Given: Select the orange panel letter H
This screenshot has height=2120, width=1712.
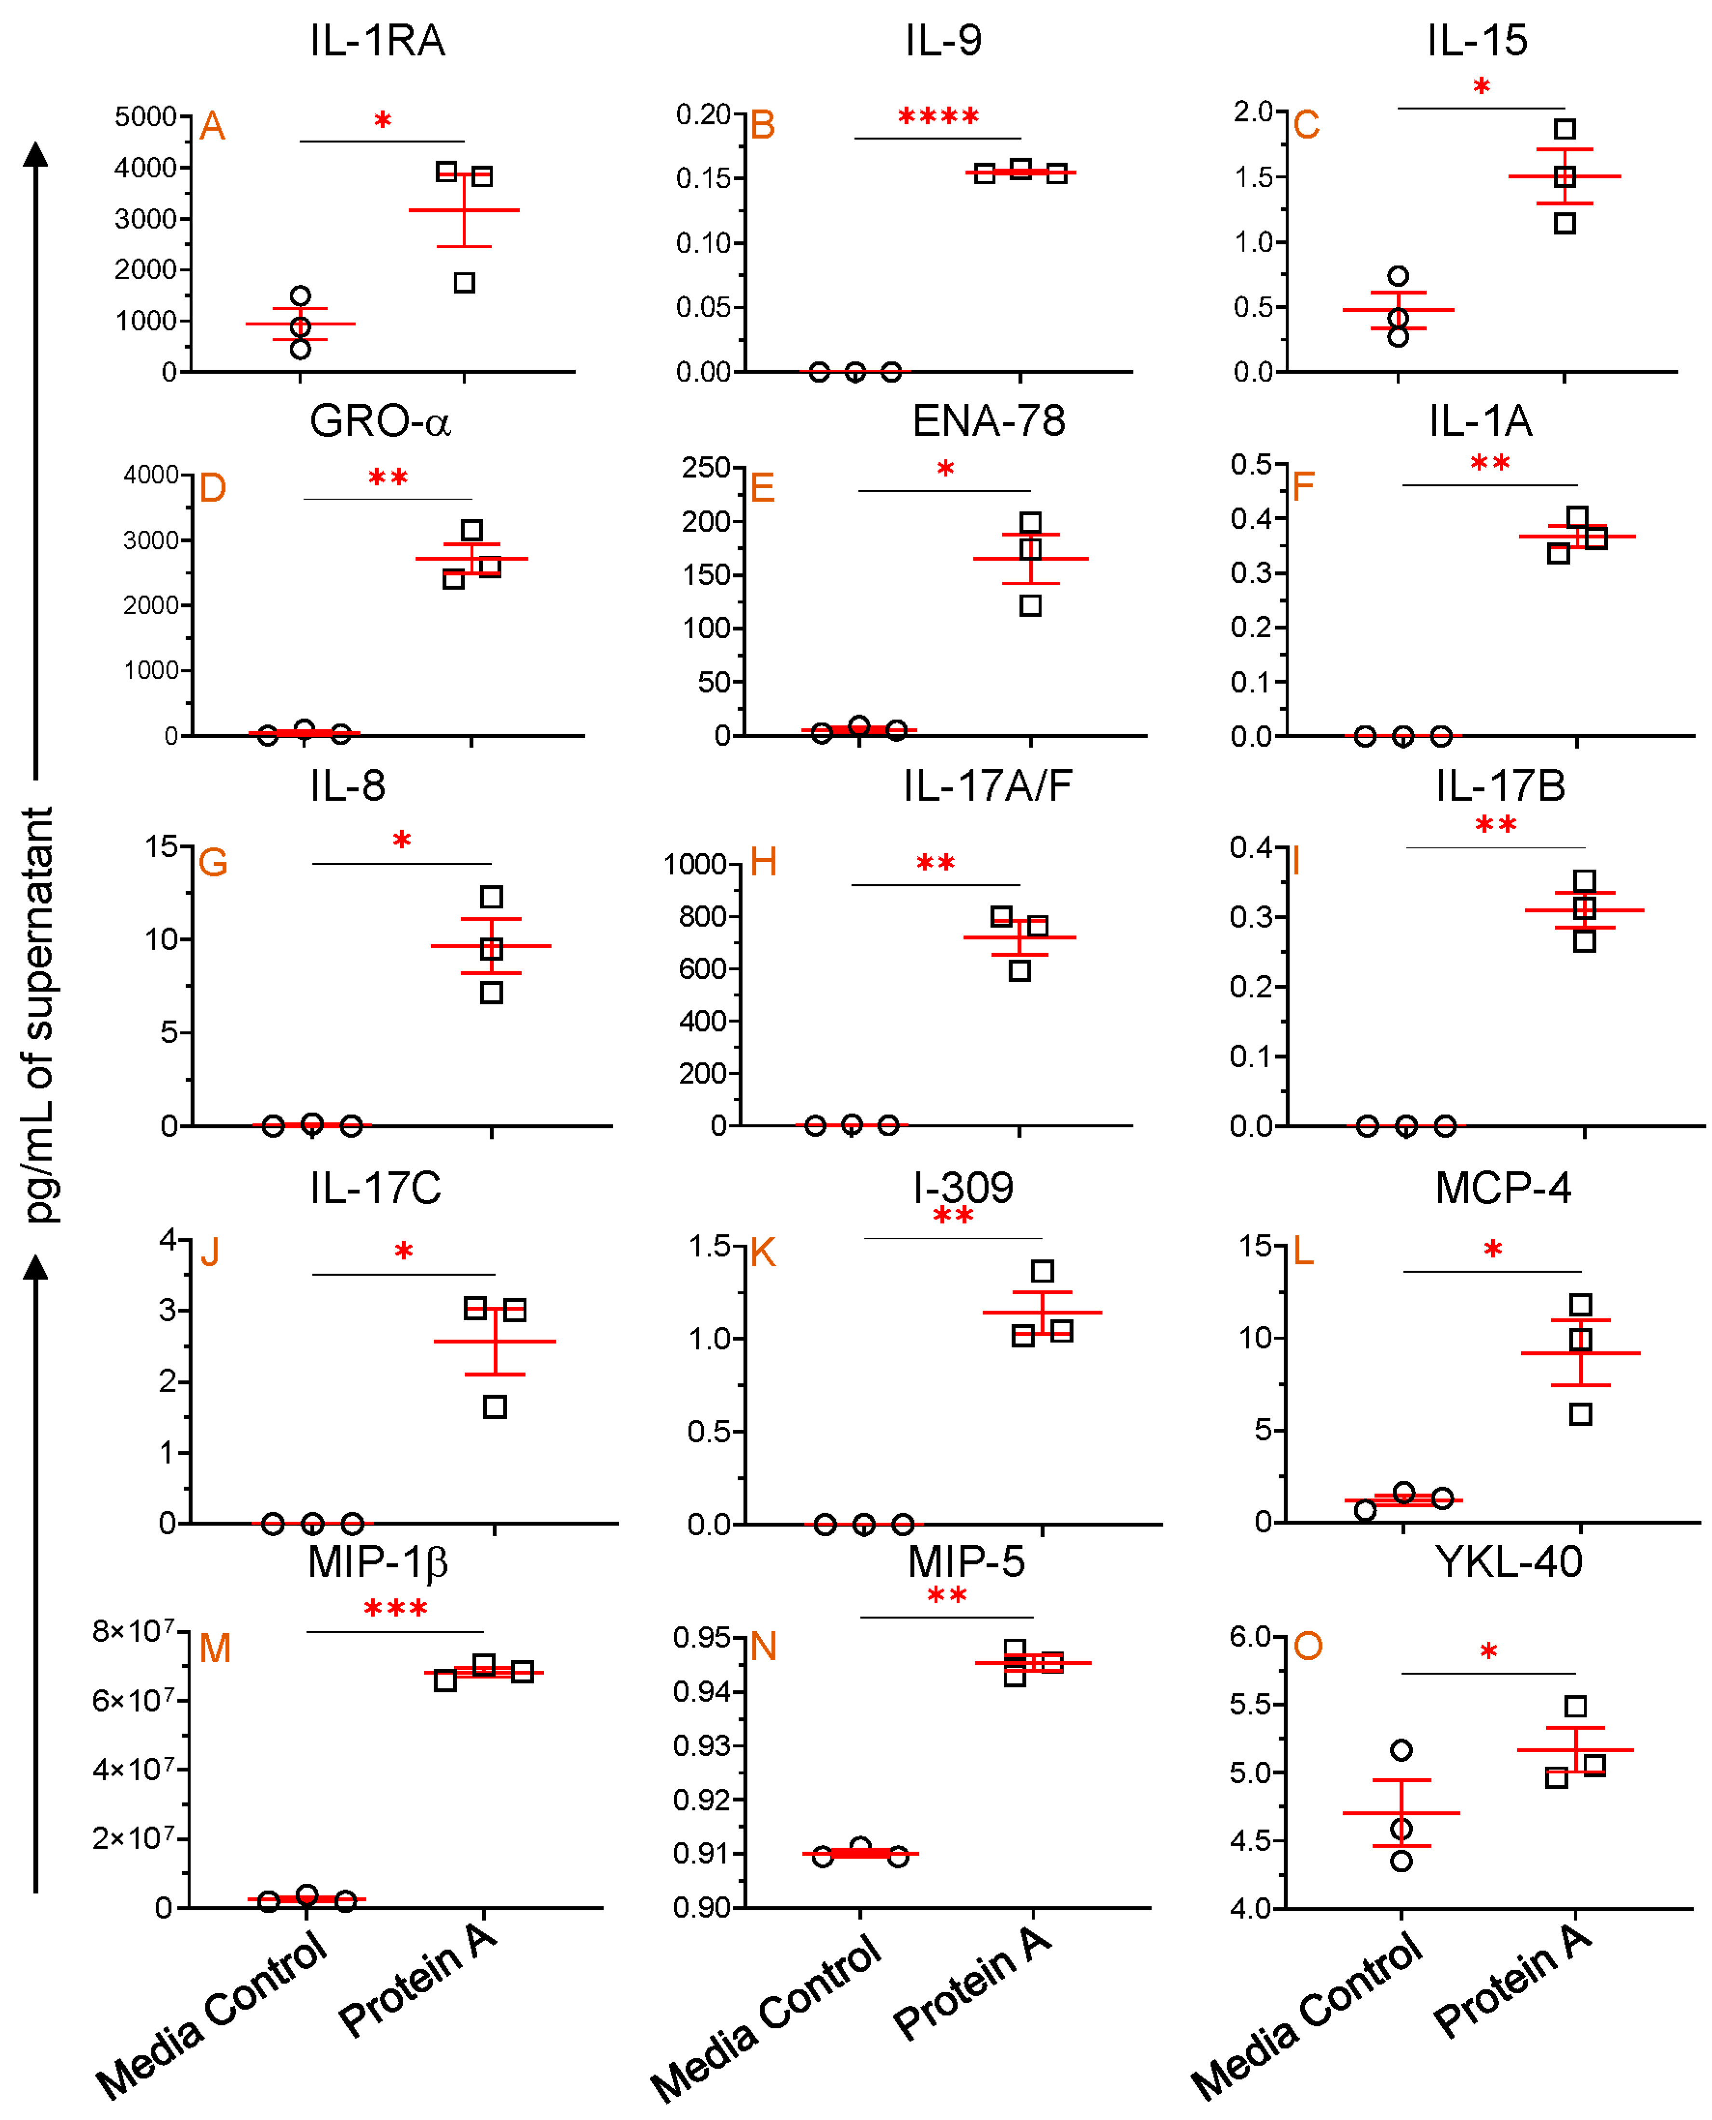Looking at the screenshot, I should (x=763, y=862).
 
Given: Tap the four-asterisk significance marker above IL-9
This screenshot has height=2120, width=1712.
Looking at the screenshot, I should (x=938, y=117).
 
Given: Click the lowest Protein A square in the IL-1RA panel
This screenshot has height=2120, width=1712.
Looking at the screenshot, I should (x=464, y=283).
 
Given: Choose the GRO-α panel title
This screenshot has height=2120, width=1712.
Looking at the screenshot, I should (x=380, y=422).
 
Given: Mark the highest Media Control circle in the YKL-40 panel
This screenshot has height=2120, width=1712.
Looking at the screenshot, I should (x=1402, y=1750).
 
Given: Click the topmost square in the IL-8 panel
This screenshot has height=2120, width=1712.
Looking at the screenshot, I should (x=491, y=896).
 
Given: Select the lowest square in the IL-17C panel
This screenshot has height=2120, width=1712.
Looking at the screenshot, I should (x=495, y=1407).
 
